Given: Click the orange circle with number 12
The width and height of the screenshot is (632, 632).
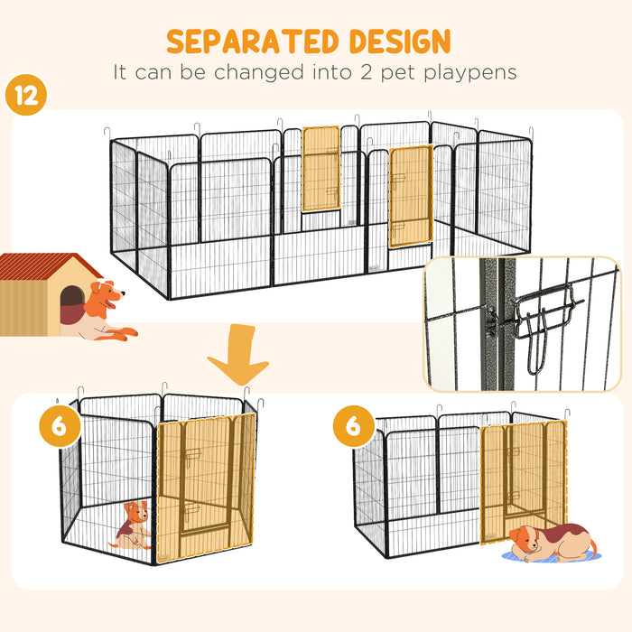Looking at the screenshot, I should [x=27, y=96].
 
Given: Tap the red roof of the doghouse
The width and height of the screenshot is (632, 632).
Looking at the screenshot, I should [x=50, y=267].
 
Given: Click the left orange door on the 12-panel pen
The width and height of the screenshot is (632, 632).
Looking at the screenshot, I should [x=321, y=169].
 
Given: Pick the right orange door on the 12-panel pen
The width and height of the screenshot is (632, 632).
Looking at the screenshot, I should [x=411, y=196].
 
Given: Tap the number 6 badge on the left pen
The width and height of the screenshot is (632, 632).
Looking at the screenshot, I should [x=60, y=426].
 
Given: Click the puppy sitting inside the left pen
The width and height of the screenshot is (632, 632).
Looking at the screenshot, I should [x=132, y=526].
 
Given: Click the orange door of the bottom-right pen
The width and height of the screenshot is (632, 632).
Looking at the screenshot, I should [x=524, y=479].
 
